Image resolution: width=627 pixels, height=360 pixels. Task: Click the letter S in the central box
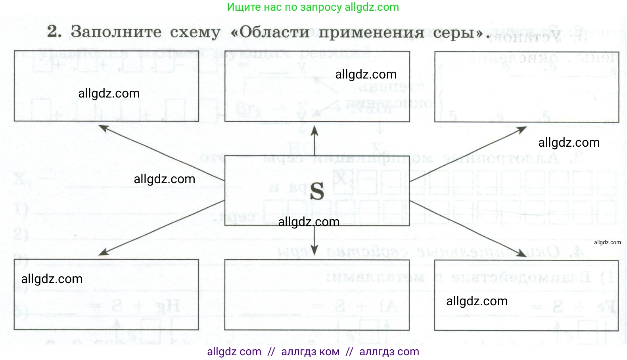click(x=317, y=191)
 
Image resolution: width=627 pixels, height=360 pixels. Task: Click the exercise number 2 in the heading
click(x=54, y=32)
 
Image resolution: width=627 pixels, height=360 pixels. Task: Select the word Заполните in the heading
click(x=116, y=32)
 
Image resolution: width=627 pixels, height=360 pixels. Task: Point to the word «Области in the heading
click(x=270, y=32)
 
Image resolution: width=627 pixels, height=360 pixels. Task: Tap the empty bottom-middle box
click(x=316, y=295)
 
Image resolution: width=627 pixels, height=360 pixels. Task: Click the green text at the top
click(x=313, y=7)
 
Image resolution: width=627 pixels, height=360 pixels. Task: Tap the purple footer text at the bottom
click(x=313, y=352)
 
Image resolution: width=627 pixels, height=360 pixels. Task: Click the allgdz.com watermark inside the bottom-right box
click(x=477, y=301)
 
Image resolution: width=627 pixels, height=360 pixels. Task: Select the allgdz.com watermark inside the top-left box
click(x=109, y=94)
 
